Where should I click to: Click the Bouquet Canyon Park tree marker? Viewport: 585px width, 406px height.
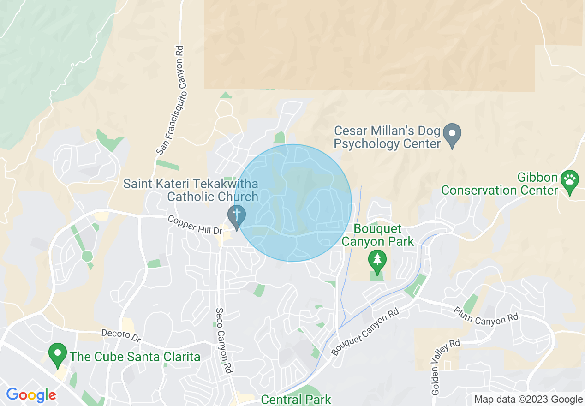pos(377,261)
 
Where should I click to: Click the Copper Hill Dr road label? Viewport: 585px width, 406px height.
pos(195,225)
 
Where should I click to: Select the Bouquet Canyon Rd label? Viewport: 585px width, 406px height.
pos(364,332)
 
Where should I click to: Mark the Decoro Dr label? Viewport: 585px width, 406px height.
pos(121,335)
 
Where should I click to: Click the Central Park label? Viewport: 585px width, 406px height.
pos(296,399)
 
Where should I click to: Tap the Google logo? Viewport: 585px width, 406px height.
pos(31,395)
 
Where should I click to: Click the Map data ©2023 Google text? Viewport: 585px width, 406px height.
pos(528,400)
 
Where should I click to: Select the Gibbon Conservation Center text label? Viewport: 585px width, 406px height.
pos(499,184)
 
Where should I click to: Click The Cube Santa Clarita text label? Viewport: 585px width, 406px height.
pos(135,357)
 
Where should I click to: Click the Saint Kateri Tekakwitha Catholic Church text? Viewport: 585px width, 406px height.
pos(191,191)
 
